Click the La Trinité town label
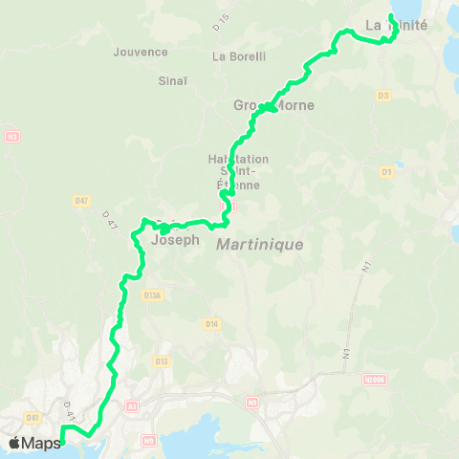click(396, 26)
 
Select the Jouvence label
click(141, 52)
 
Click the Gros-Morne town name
click(261, 105)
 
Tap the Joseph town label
click(176, 241)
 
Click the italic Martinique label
click(259, 245)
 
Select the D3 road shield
click(383, 95)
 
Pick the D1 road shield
click(387, 172)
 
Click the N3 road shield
click(12, 137)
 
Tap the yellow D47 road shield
click(81, 200)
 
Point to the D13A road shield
click(151, 295)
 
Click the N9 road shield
click(148, 441)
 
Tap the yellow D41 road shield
click(34, 417)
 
